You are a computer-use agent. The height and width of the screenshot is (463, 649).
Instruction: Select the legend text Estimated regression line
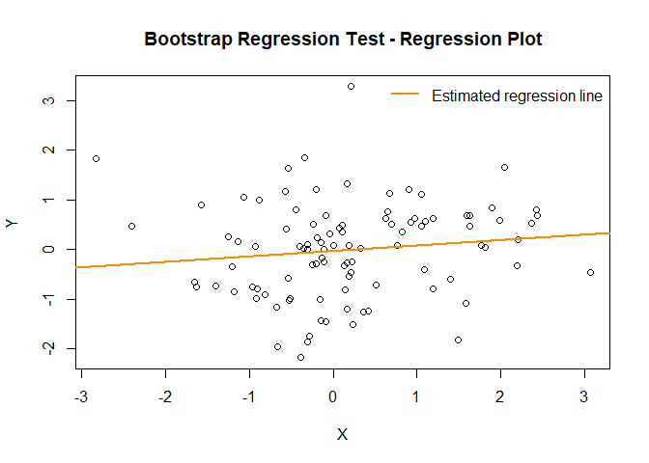click(517, 95)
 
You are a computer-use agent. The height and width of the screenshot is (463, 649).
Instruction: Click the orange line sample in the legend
click(406, 95)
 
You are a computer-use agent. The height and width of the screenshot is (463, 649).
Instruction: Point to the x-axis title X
click(342, 434)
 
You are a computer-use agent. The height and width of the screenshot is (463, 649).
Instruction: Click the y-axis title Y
click(13, 224)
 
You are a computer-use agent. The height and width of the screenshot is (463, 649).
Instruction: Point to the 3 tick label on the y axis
click(45, 100)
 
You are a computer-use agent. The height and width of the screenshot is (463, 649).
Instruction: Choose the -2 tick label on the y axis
click(45, 348)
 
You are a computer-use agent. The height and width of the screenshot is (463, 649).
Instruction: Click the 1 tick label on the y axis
click(45, 200)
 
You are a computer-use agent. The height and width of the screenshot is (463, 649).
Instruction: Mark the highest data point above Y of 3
click(351, 86)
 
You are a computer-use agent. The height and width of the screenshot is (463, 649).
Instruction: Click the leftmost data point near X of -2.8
click(96, 158)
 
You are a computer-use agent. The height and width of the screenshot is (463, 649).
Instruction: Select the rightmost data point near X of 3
click(590, 272)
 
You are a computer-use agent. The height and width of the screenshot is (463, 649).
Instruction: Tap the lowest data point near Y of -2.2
click(300, 357)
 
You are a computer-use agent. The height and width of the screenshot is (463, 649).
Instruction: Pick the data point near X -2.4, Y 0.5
click(131, 226)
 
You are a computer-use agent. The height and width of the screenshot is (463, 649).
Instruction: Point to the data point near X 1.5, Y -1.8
click(458, 340)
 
